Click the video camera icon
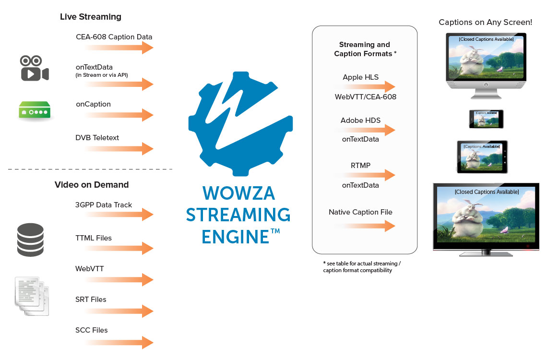(x=34, y=68)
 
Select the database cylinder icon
(x=30, y=240)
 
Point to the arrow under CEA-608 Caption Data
(x=119, y=48)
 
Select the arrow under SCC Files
(x=119, y=343)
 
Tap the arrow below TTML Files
(x=119, y=249)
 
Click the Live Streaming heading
(x=91, y=17)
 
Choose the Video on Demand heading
(x=92, y=185)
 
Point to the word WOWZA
(x=238, y=193)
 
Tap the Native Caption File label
(x=360, y=212)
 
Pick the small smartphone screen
(x=486, y=119)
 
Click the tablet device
(x=482, y=157)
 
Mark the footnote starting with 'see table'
(x=362, y=267)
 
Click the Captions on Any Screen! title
(x=485, y=23)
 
